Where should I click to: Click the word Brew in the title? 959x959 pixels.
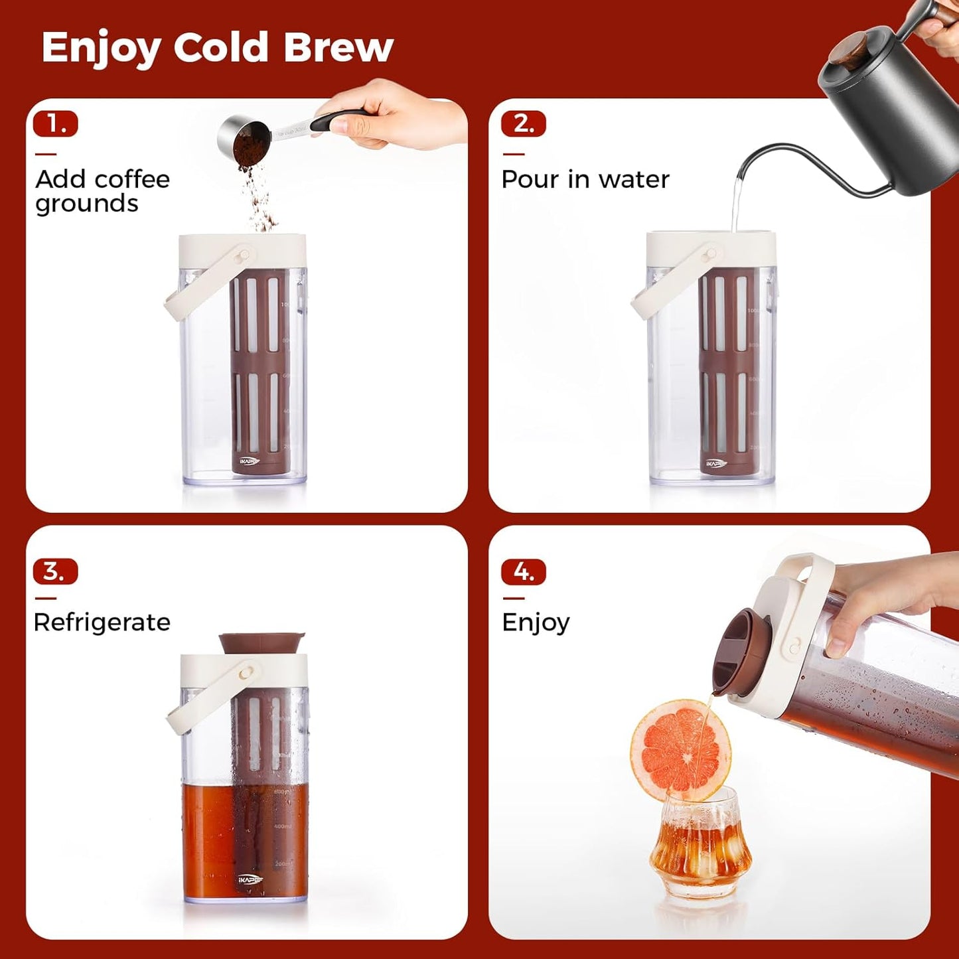point(338,47)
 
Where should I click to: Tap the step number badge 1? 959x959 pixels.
point(56,124)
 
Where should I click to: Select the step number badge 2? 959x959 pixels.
point(524,124)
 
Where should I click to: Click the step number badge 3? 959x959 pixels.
point(56,571)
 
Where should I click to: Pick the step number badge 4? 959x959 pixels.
point(524,571)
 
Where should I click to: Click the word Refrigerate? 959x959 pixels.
point(102,623)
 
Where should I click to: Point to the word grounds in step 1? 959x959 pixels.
point(87,204)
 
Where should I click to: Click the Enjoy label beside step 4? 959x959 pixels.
point(536,623)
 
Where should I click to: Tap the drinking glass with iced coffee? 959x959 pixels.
point(701,843)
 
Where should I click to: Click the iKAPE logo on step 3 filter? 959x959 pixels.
point(251,880)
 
